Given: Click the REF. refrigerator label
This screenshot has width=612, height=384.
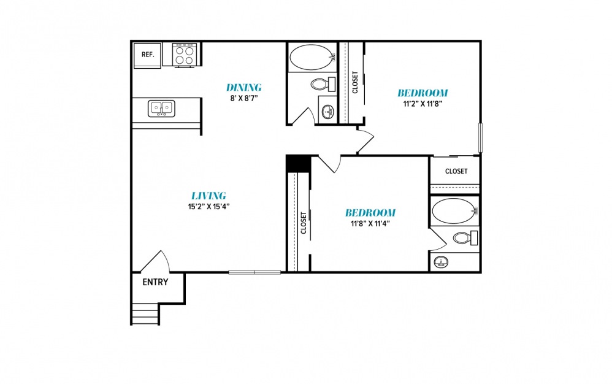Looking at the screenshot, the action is click(148, 55).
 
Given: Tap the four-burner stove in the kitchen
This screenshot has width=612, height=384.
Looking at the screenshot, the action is click(184, 55).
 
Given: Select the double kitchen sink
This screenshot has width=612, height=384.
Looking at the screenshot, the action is click(161, 108).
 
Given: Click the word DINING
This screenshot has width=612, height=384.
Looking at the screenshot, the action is click(243, 88).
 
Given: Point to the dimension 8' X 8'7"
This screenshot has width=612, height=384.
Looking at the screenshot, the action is click(244, 98).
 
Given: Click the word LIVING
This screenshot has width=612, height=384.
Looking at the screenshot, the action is click(208, 196).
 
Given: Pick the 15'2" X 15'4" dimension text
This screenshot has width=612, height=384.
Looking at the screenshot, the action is click(208, 207).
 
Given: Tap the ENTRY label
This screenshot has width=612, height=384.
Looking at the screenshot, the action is click(155, 282).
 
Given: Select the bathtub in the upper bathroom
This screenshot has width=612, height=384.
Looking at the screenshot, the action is click(312, 58).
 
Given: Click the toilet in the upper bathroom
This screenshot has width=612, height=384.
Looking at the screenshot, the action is click(323, 84).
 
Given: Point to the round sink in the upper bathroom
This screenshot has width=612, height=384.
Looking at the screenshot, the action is click(329, 112).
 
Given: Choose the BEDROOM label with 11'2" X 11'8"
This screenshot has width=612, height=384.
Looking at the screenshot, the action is click(423, 93).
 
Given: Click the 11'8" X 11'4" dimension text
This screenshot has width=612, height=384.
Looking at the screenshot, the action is click(370, 224).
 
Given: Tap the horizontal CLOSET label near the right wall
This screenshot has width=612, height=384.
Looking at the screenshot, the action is click(456, 171).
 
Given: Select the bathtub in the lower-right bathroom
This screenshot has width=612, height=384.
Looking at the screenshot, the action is click(455, 211).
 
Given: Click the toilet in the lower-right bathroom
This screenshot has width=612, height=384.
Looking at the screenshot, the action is click(465, 237).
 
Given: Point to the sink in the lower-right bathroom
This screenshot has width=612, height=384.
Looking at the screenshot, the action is click(441, 263).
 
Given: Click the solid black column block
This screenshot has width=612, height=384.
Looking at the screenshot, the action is click(298, 164).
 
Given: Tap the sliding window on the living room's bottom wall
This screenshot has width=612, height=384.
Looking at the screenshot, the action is click(254, 272).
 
